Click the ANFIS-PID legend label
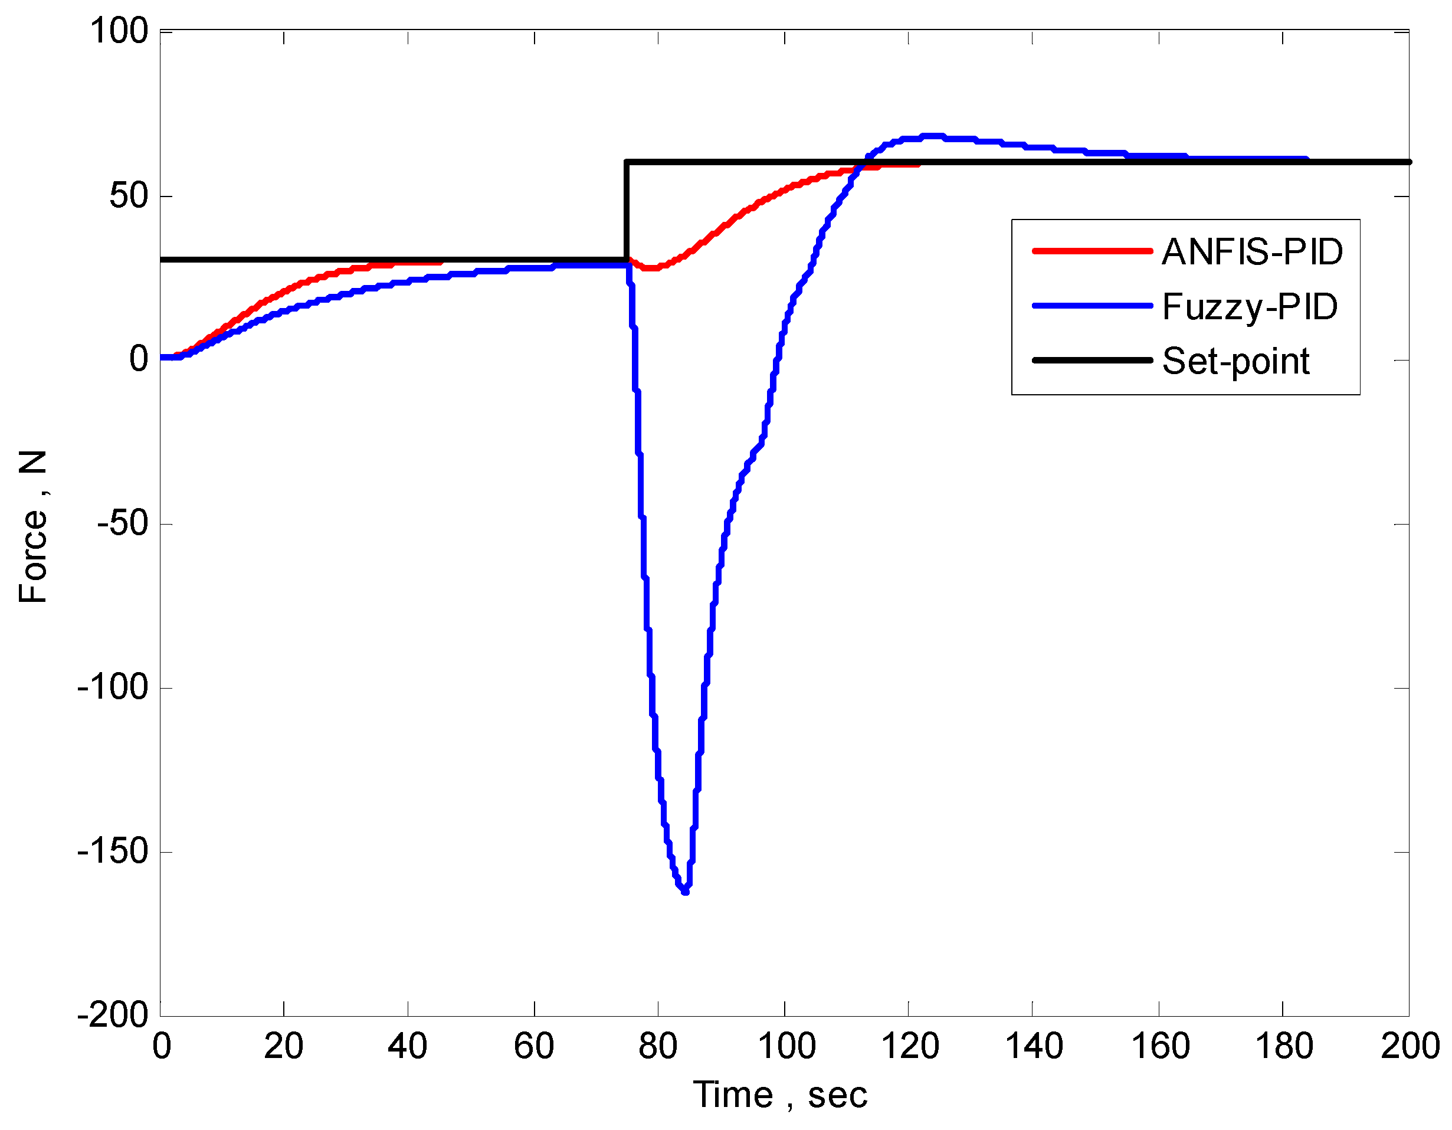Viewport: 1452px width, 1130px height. pos(1252,252)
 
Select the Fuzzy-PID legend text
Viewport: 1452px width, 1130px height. pos(1249,307)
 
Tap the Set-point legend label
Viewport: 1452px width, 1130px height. pos(1235,361)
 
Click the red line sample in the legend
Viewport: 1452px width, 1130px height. pos(1092,251)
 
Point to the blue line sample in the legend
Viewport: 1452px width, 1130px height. pos(1092,306)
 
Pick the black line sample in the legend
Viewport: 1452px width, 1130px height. pos(1092,361)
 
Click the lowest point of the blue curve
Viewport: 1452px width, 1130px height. pos(686,891)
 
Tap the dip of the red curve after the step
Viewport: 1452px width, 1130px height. pos(650,267)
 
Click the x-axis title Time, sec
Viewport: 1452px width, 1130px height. pos(780,1095)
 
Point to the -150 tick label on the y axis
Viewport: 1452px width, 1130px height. pos(113,851)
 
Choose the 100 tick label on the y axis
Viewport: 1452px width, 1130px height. pos(120,31)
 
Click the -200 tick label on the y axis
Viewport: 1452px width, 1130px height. pos(113,1015)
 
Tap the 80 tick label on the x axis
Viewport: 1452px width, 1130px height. pos(657,1046)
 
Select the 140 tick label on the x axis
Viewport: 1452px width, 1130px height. pos(1034,1046)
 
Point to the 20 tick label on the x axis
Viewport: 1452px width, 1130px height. pos(283,1046)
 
